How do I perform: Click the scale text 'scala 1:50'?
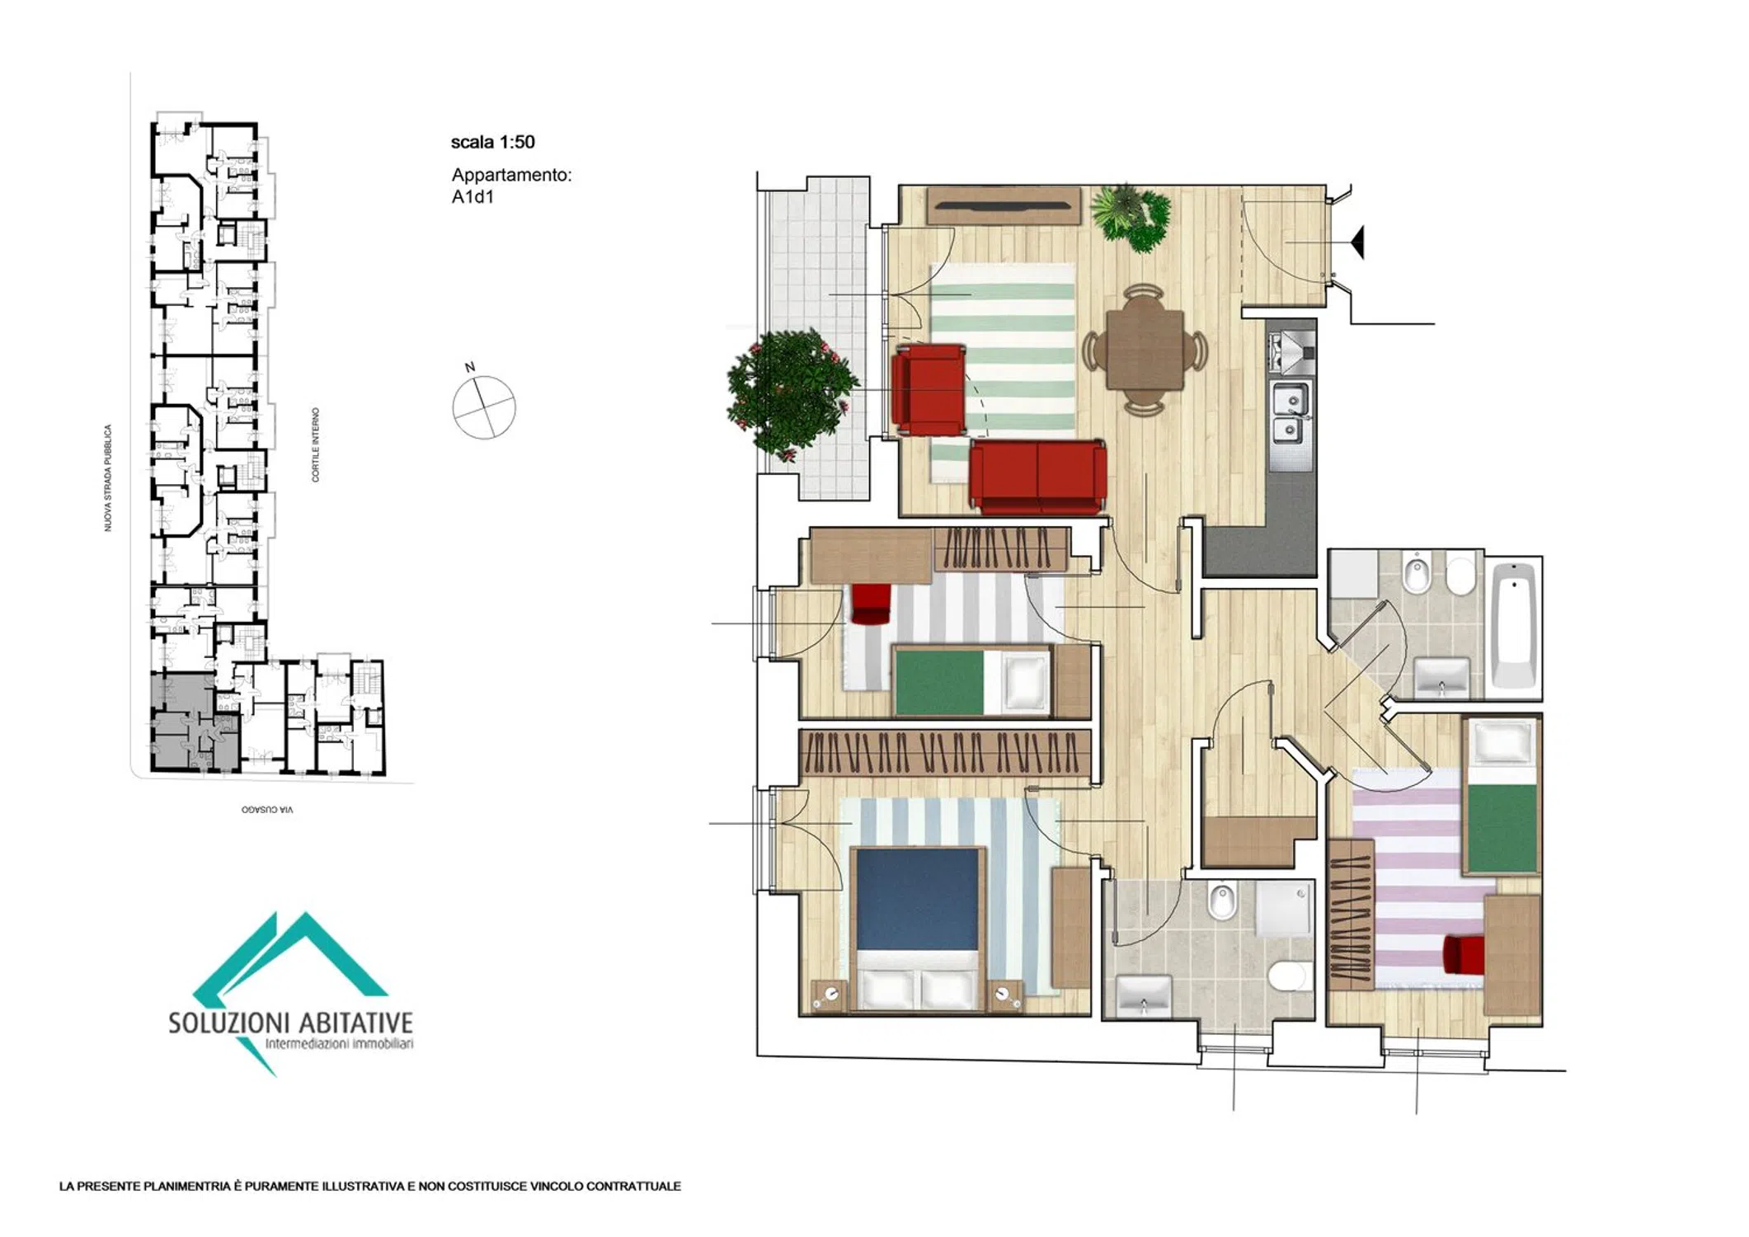(492, 142)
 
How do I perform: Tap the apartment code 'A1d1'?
(473, 196)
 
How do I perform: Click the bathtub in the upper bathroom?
(1515, 625)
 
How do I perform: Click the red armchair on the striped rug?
(929, 390)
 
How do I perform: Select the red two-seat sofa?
(1037, 477)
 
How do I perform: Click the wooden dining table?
(1145, 350)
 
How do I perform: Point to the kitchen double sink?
(1291, 413)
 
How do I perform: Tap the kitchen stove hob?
(1292, 350)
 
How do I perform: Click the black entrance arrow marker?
(1356, 242)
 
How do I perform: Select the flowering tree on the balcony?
(791, 393)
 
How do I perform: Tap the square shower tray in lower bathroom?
(1283, 908)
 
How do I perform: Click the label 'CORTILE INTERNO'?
(315, 444)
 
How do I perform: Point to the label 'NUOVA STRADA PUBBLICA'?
(107, 477)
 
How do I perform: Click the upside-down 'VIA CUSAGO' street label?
(266, 810)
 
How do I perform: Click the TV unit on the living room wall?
(1003, 206)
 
